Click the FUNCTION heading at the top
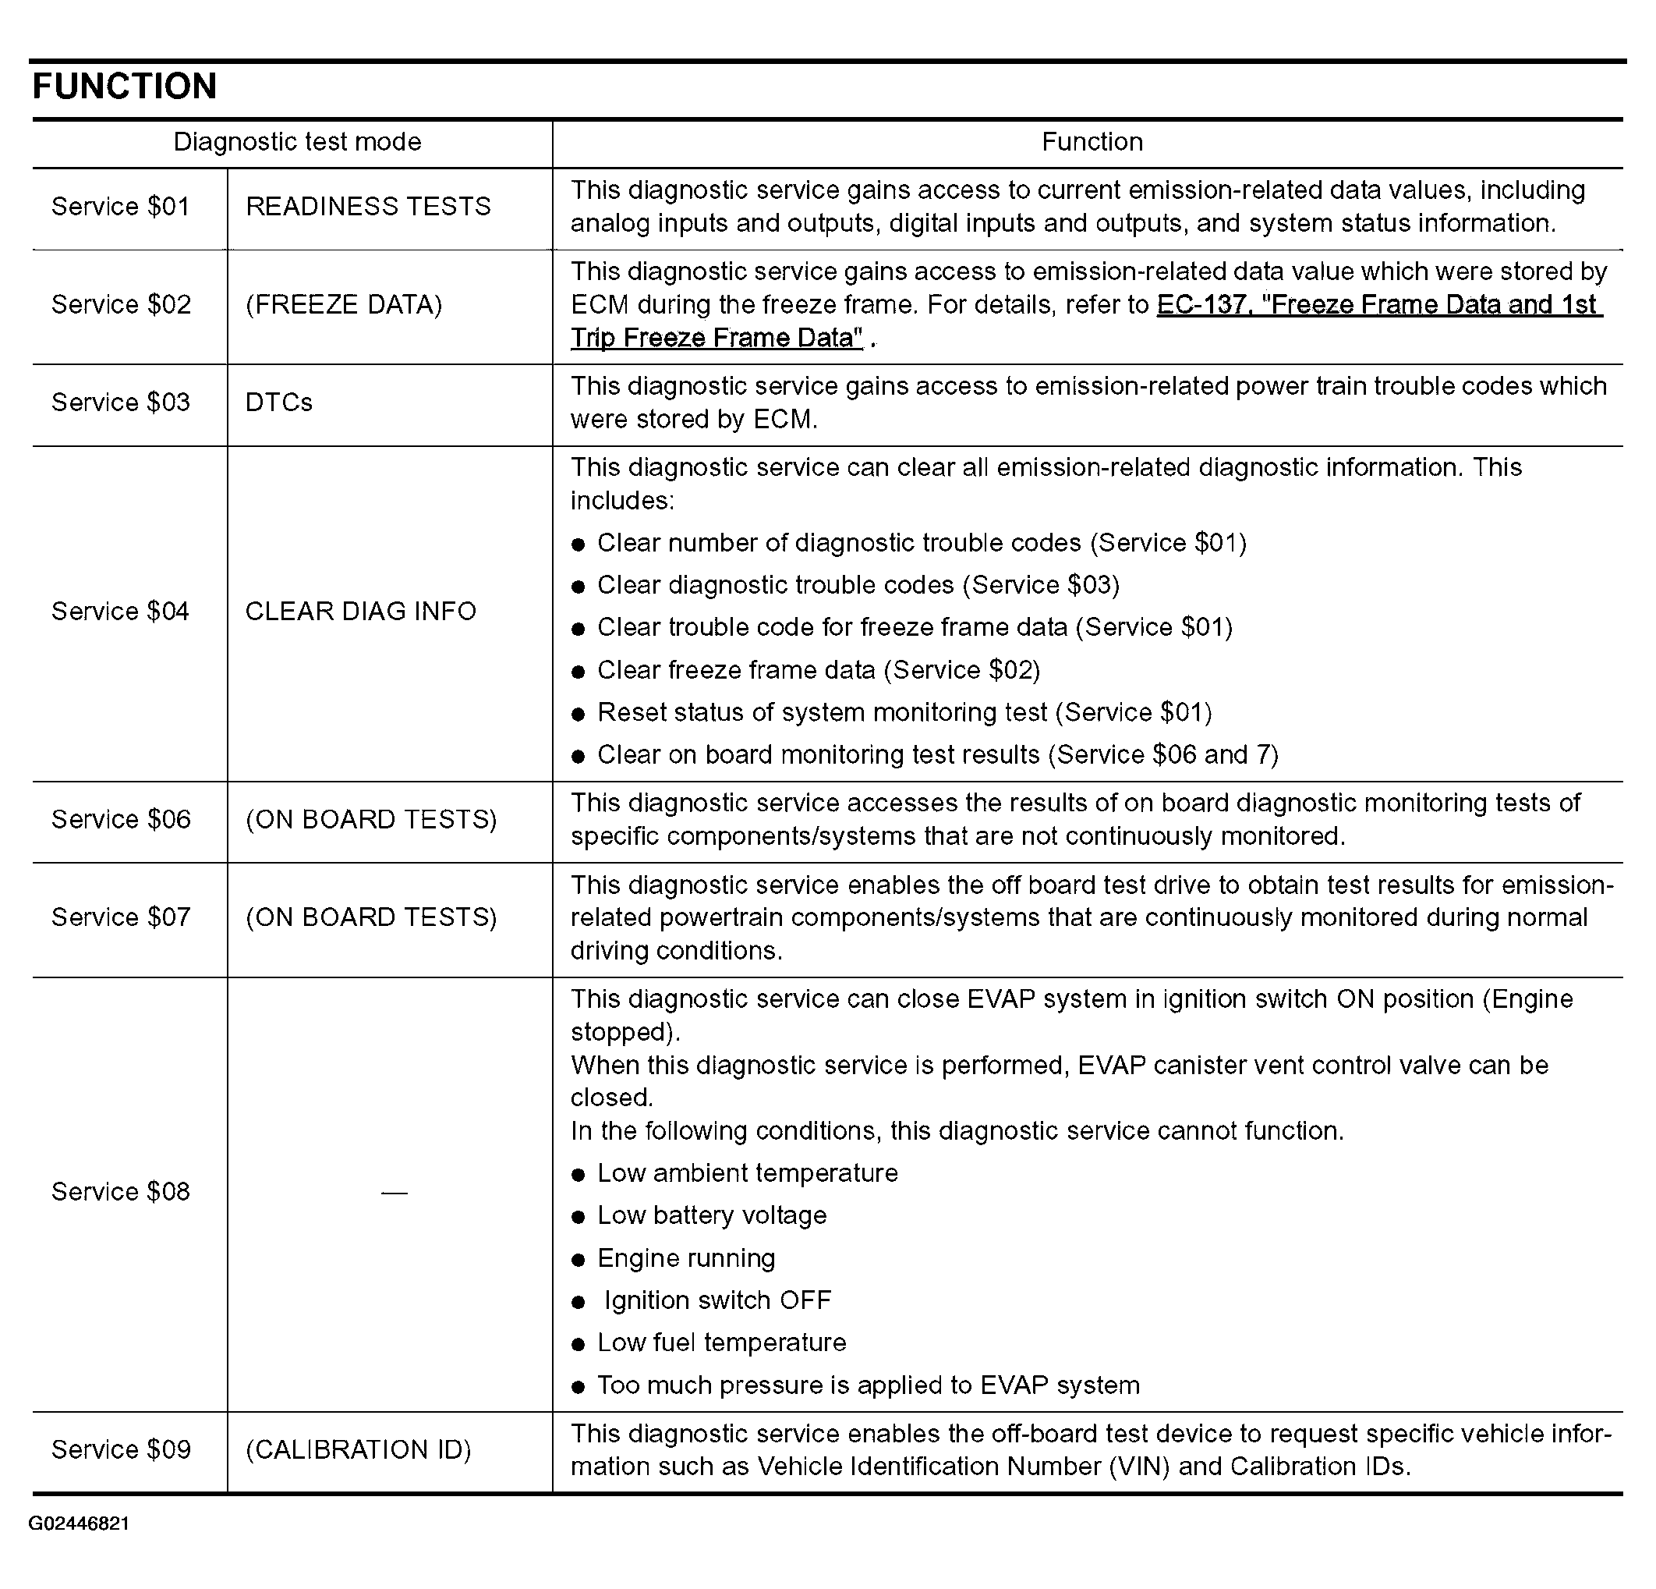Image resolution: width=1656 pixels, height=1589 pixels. coord(124,87)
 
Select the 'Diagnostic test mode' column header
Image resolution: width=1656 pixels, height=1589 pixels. coord(296,141)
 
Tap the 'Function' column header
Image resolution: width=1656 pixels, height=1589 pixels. coord(1092,141)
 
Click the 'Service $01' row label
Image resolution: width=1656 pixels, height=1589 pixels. coord(121,206)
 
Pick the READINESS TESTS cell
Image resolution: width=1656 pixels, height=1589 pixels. coord(367,206)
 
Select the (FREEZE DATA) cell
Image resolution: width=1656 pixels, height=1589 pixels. coord(343,304)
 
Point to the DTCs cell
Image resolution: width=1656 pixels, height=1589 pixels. coord(279,403)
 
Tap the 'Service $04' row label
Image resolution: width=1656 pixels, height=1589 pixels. coord(121,611)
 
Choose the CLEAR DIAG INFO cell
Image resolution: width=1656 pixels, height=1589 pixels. coord(361,611)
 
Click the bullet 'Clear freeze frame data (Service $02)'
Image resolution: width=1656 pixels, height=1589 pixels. coord(818,670)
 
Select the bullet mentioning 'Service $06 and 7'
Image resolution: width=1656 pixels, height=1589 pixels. coord(937,755)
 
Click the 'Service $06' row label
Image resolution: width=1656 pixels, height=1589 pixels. coord(121,819)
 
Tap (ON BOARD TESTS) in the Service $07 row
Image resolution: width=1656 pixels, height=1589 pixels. coord(371,917)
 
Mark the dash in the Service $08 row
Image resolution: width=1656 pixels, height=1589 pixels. coord(394,1193)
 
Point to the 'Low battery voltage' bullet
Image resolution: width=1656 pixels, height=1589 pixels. coord(711,1215)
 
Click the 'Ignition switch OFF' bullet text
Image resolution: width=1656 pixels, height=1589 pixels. coord(717,1300)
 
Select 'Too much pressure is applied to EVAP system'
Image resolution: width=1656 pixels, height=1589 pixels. coord(868,1385)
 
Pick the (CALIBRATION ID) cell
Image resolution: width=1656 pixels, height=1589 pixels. coord(358,1449)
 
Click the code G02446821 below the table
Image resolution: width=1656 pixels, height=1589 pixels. coord(79,1523)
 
